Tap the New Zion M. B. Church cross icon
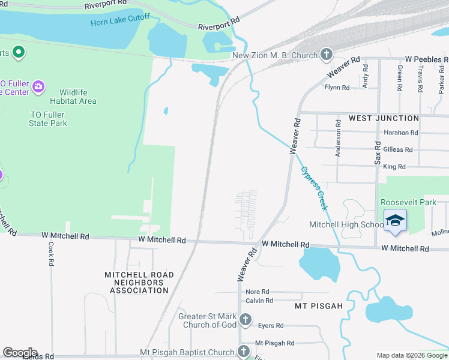pos(326,56)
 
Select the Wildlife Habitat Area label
pos(78,97)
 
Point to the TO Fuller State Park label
pos(48,119)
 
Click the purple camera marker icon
pos(38,87)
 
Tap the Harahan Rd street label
pos(400,133)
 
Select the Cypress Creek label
pos(315,188)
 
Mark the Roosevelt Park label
pos(408,202)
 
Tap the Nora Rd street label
pos(257,291)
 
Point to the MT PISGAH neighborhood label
pos(319,306)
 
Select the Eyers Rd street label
pos(270,326)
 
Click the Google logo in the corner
pos(20,353)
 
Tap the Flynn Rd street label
pos(337,88)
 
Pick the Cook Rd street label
pos(51,254)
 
